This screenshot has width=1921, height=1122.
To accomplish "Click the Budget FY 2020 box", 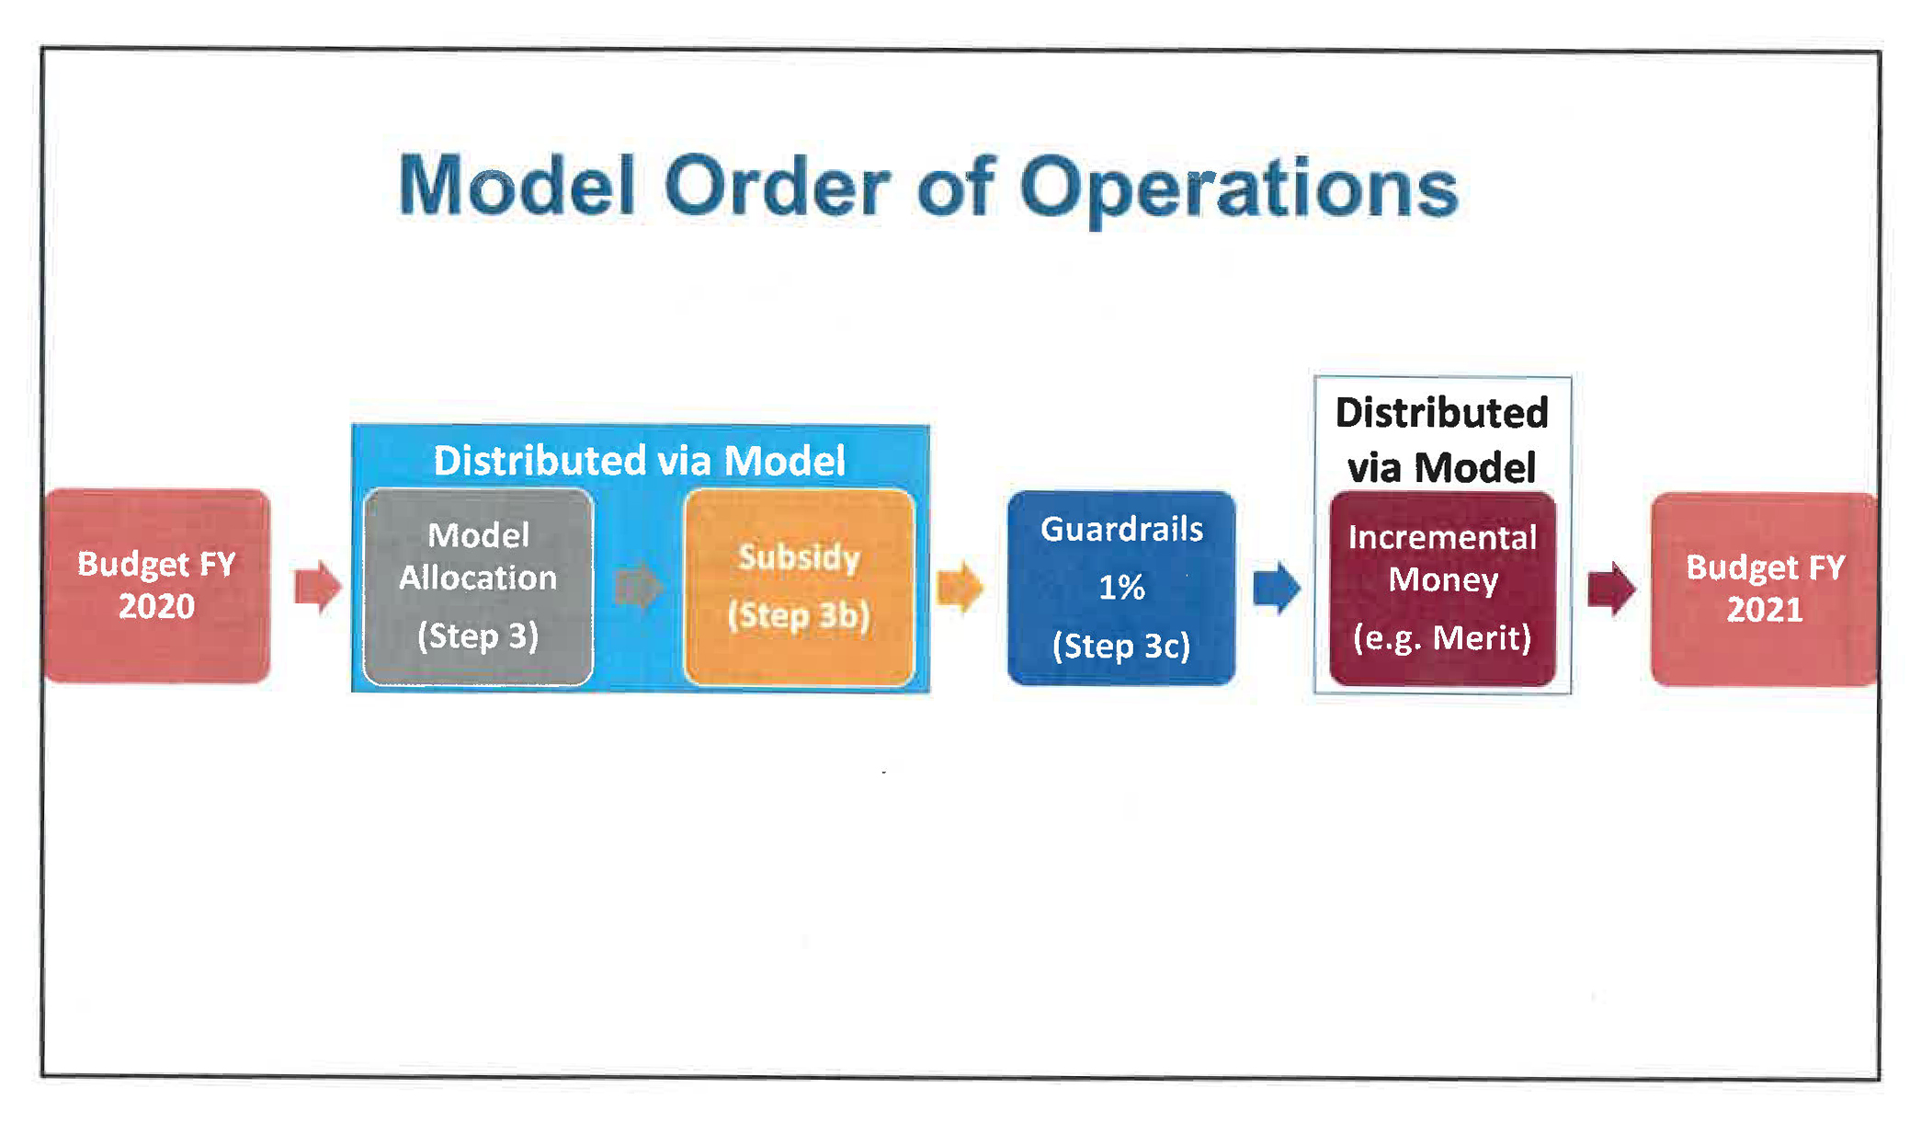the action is click(157, 586).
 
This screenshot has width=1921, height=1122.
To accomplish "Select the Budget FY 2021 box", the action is click(1764, 589).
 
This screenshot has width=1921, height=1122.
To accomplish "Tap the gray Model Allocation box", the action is click(478, 587).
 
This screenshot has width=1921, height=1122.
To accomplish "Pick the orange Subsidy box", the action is click(800, 587).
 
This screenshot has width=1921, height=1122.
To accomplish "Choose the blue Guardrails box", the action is click(1121, 588).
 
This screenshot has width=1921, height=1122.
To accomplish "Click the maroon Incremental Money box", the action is click(1442, 589).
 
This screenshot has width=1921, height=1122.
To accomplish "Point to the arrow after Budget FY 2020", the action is click(318, 587).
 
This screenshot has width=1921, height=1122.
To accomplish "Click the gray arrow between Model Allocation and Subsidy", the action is click(639, 587).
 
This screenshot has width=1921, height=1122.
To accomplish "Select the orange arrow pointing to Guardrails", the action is click(960, 587).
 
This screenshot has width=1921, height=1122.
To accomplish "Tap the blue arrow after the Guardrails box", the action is click(1278, 587).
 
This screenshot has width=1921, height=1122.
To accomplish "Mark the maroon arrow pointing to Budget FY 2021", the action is click(1612, 589).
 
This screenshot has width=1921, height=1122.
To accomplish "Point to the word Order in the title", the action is click(778, 186).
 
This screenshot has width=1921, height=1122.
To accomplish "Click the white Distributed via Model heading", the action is click(639, 460).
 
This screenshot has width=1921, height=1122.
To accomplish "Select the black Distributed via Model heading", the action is click(1442, 440).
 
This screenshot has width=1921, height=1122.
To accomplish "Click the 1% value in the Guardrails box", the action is click(1121, 587).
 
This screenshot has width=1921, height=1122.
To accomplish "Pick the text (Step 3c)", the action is click(1121, 646).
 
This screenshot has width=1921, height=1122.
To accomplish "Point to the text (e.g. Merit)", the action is click(1442, 637).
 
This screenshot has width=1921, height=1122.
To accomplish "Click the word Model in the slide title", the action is click(517, 186).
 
